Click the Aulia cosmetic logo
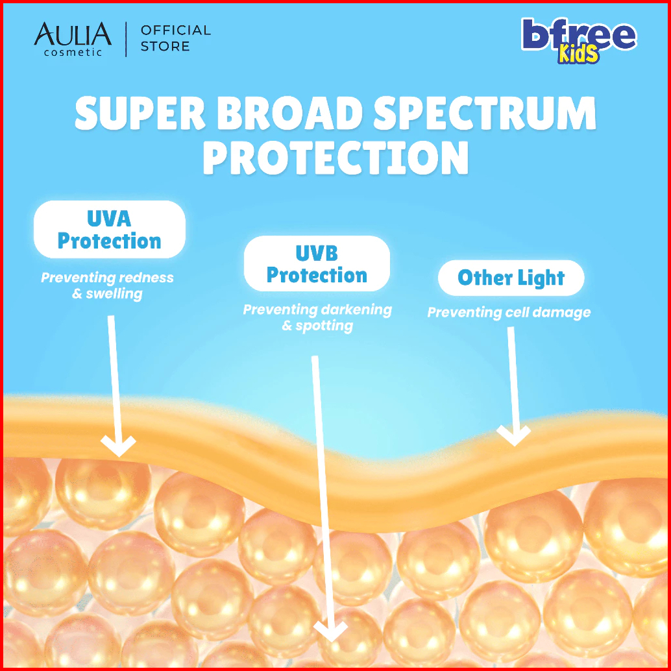point(73,40)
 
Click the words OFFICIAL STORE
point(176,38)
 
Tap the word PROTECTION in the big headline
point(335,158)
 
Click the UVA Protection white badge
point(110,229)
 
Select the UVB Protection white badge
point(317,263)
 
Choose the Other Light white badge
point(511,278)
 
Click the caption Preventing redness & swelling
point(108,286)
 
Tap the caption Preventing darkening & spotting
point(317,317)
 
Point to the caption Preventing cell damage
point(509,312)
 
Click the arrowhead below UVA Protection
point(118,445)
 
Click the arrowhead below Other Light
point(513,435)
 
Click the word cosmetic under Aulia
point(73,52)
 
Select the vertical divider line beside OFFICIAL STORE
point(127,40)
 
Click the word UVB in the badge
point(317,253)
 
